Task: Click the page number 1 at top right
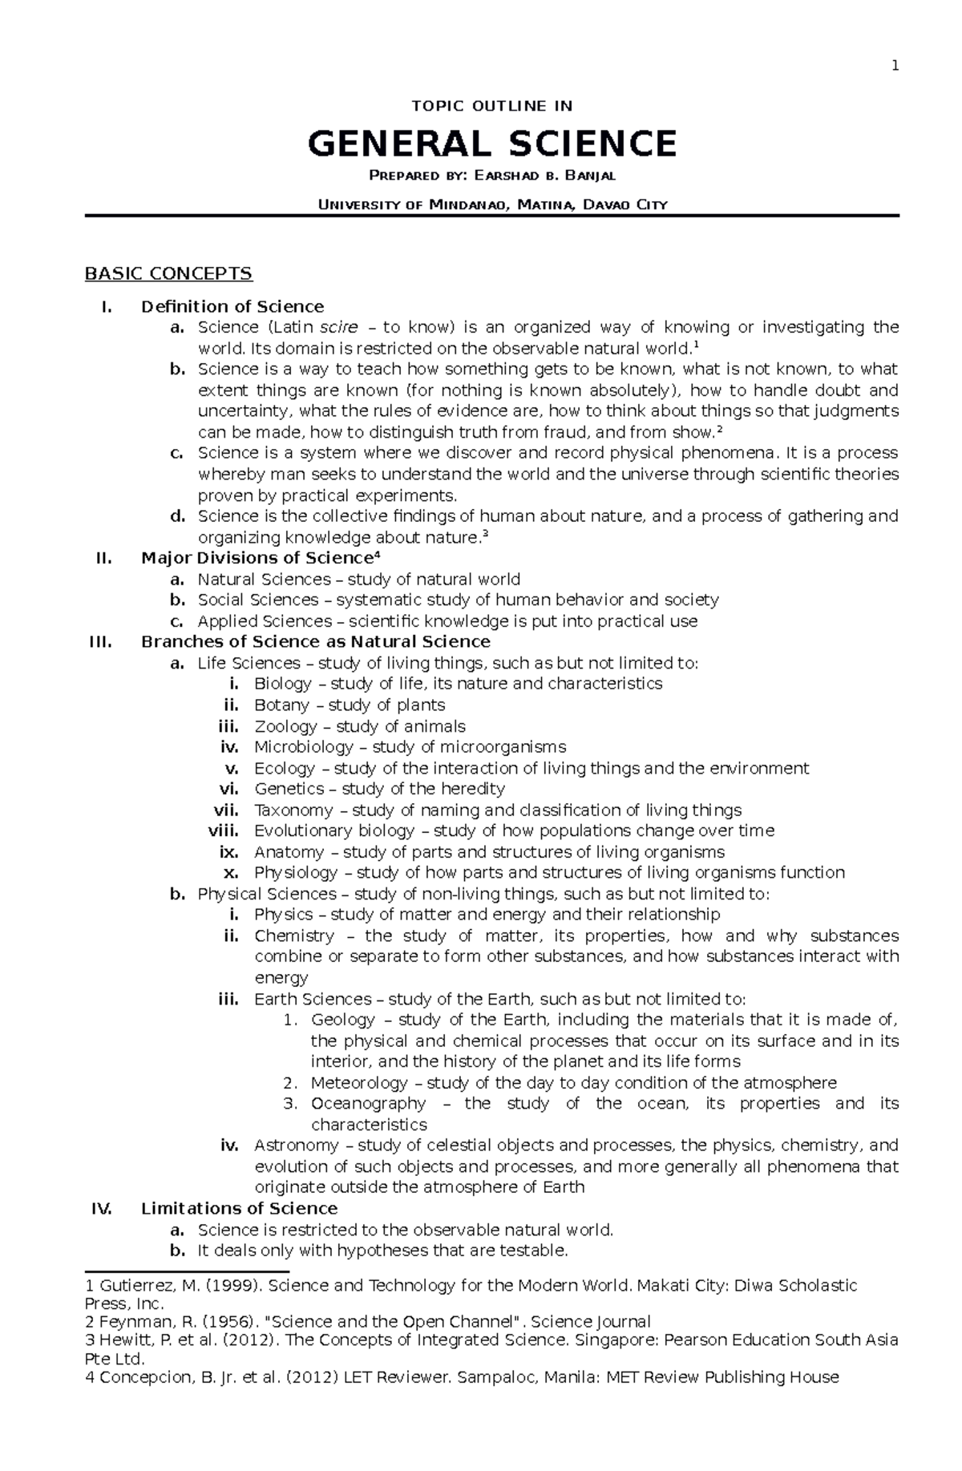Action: click(895, 66)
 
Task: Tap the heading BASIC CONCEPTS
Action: click(169, 274)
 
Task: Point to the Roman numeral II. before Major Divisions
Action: click(103, 559)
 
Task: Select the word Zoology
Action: click(285, 726)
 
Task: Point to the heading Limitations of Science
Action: click(239, 1209)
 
